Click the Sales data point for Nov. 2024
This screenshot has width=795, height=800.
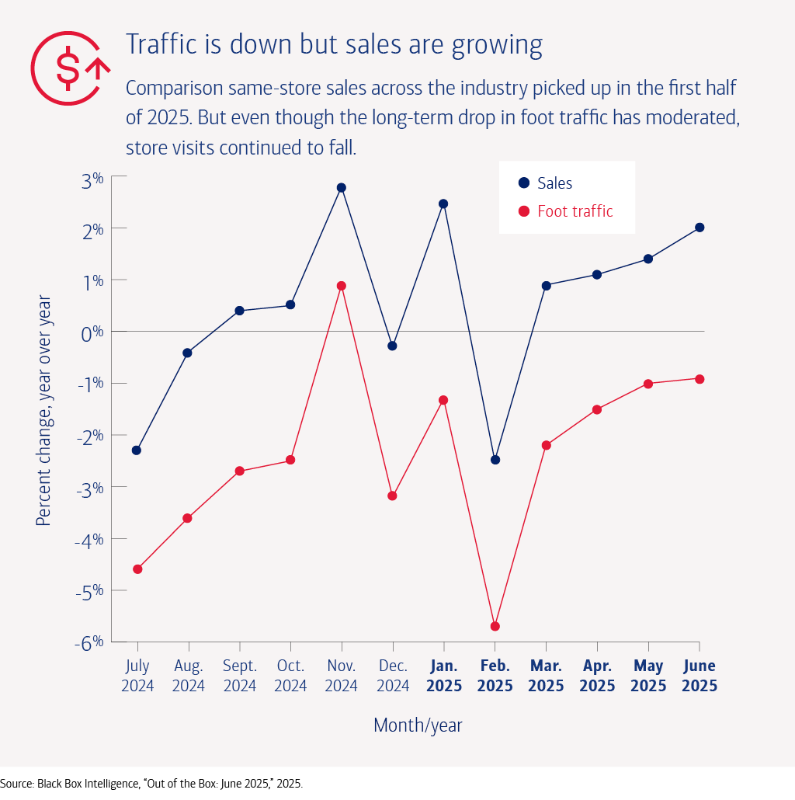(342, 188)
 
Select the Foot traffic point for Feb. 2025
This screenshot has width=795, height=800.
(495, 626)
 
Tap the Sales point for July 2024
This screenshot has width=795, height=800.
(137, 450)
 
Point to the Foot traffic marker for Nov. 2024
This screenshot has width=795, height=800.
(342, 286)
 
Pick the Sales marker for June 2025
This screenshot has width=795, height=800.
(700, 228)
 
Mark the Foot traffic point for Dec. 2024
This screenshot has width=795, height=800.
(392, 496)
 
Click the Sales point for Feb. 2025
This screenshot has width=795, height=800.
(495, 460)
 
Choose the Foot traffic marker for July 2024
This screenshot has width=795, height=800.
(137, 569)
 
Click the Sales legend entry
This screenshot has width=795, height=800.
(545, 184)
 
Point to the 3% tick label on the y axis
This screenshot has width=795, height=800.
(92, 179)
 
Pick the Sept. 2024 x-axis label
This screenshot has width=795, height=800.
(239, 676)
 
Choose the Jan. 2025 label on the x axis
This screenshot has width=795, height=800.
(443, 676)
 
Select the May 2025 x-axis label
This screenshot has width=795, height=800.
(648, 676)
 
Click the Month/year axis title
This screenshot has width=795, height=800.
(418, 725)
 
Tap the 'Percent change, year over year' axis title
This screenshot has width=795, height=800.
(43, 410)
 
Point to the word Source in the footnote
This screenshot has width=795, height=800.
(17, 784)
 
